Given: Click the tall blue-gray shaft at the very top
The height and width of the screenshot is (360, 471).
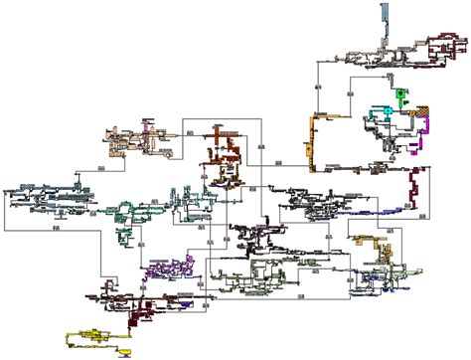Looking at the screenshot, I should click(384, 22).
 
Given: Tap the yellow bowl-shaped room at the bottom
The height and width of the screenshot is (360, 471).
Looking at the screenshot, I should click(125, 351).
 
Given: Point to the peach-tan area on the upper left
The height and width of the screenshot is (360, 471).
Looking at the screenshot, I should click(129, 143).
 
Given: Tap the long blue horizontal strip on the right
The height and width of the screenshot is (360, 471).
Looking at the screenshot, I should click(388, 206).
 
